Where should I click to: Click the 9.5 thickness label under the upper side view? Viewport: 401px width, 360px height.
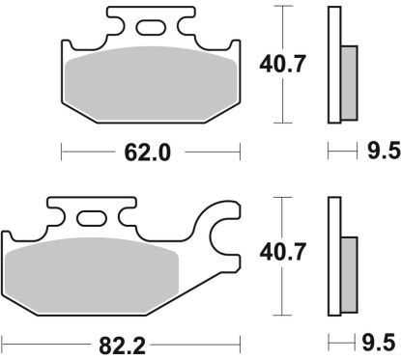(x=378, y=151)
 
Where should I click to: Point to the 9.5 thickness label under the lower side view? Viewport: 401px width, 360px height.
(x=378, y=341)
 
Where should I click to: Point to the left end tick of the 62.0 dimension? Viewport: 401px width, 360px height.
(x=63, y=151)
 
